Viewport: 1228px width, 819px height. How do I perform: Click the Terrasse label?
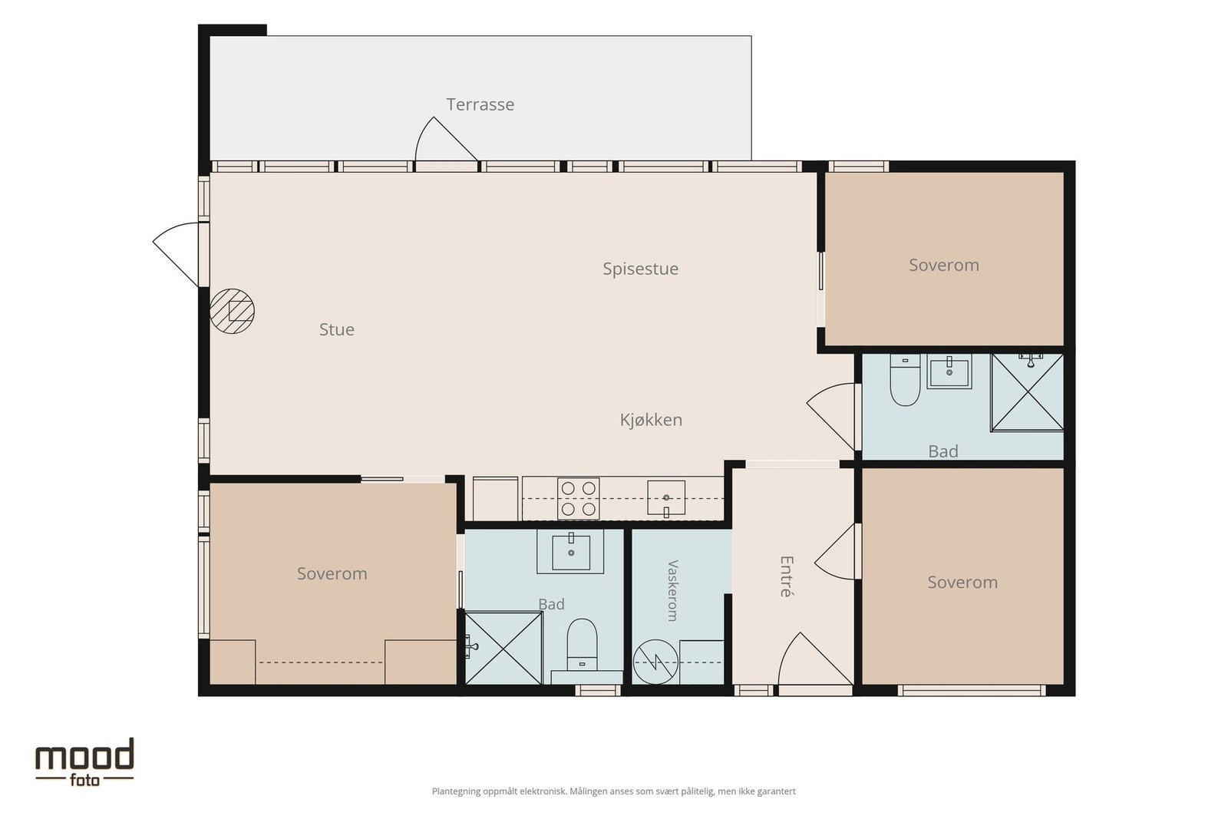point(480,104)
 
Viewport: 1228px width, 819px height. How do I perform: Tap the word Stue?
point(337,329)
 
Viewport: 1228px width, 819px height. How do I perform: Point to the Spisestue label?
point(640,269)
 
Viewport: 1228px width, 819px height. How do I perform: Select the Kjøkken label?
point(652,420)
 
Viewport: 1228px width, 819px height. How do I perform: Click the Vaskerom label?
point(672,590)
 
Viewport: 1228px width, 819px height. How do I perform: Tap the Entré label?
point(787,576)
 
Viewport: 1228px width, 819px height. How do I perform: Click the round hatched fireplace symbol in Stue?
point(232,312)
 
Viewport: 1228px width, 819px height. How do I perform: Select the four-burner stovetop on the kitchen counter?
point(579,498)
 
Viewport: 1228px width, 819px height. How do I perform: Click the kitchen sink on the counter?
point(666,498)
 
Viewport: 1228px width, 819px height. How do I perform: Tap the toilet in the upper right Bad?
point(905,380)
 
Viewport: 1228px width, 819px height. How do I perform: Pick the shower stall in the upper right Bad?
point(1028,392)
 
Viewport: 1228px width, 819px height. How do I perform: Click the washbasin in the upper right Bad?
point(949,372)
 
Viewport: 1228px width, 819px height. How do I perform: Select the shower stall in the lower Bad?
point(503,648)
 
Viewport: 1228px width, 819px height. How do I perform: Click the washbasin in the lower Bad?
point(571,551)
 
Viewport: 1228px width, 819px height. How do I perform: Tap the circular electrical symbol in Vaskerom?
point(655,662)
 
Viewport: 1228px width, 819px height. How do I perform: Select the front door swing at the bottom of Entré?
point(814,659)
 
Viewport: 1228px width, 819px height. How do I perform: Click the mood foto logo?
point(85,762)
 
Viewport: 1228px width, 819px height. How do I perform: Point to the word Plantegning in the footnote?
point(456,791)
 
